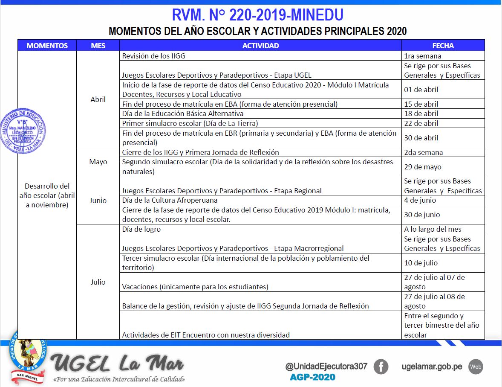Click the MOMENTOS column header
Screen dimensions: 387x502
pos(47,46)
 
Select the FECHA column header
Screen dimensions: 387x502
pos(443,46)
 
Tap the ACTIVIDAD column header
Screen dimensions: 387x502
pos(260,46)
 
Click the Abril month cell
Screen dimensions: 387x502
pos(98,99)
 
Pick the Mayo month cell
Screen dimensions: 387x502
pos(98,162)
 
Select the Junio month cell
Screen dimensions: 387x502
pos(98,201)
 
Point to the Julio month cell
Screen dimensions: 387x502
pos(98,282)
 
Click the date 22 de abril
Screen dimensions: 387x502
pos(421,123)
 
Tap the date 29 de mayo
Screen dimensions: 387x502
pos(423,167)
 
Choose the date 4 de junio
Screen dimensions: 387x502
pos(420,200)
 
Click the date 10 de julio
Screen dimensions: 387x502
pos(421,263)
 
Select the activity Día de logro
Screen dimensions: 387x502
pos(141,229)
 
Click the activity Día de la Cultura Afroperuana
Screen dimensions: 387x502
pos(170,200)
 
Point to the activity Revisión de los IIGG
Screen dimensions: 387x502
pos(154,56)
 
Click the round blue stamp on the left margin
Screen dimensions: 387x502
pos(23,131)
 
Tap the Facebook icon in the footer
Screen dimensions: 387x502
pos(381,367)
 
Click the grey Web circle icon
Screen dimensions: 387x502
pos(476,367)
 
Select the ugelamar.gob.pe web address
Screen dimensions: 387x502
pos(432,367)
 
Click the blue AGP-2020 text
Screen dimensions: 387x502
pos(312,377)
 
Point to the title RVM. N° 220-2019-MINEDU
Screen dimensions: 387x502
pos(257,15)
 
